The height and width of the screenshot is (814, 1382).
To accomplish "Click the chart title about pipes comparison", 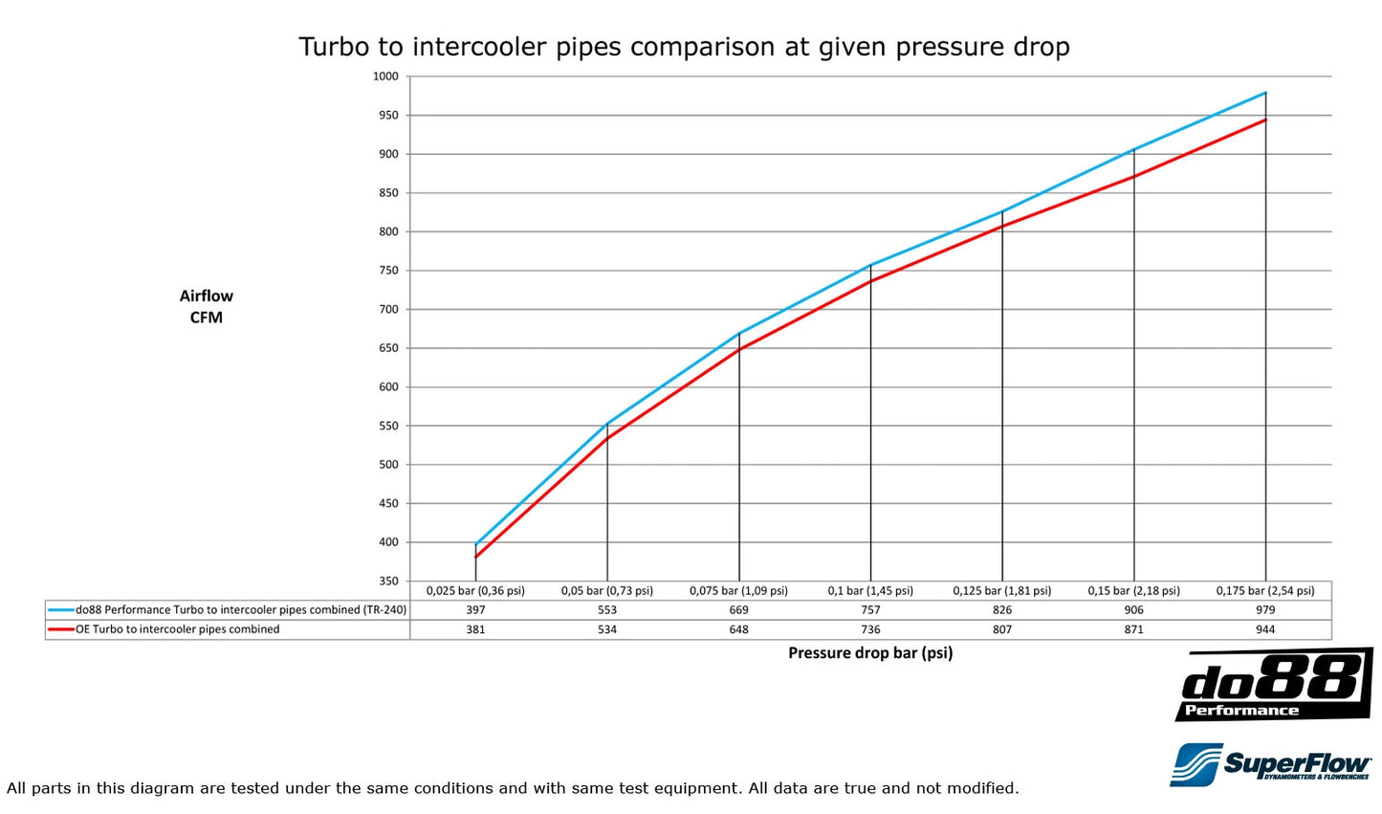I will point(684,47).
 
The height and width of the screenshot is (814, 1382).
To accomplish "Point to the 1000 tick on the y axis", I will point(386,77).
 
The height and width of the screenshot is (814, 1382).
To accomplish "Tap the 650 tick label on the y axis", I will point(386,348).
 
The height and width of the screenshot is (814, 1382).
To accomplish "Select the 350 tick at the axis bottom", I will point(386,581).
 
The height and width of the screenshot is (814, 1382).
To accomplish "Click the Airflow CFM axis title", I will point(206,306).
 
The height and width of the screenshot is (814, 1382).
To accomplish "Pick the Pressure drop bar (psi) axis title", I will point(870,653).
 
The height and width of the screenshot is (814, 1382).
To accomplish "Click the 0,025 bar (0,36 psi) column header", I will point(475,591).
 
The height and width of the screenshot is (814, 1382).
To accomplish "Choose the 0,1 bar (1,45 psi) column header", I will point(870,591).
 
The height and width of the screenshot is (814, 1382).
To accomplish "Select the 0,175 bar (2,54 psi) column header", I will point(1265,591).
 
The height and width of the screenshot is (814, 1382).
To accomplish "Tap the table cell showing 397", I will point(475,610).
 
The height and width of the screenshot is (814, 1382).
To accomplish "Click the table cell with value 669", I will point(738,610).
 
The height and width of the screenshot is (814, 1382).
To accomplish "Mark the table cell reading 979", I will point(1265,610).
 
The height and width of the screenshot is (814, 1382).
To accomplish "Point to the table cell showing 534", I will point(607,629).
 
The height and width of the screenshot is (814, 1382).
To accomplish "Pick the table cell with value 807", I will point(1002,629).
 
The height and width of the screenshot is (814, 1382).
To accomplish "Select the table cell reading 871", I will point(1134,629).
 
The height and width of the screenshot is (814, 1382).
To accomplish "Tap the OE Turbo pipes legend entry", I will point(178,629).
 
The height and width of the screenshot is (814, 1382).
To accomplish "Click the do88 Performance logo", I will point(1273,685).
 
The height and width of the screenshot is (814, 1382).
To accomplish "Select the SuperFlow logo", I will point(1270,764).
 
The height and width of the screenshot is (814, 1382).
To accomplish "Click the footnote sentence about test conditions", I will point(513,788).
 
